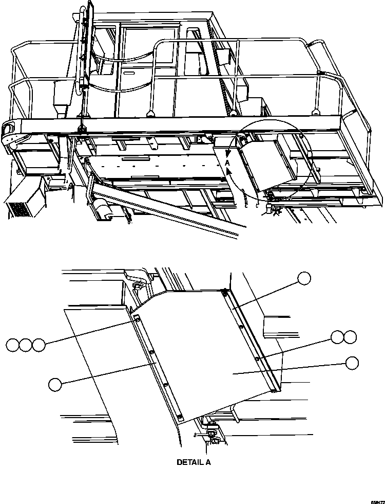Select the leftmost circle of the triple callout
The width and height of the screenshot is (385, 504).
(13, 345)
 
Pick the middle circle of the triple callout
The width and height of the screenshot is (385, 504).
(26, 345)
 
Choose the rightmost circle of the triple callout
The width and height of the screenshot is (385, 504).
(38, 345)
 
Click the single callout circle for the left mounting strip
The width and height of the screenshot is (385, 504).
(55, 383)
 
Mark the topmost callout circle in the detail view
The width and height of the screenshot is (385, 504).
(304, 278)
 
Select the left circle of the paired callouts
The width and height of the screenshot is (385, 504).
(337, 337)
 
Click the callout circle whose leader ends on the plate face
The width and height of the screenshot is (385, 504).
(352, 363)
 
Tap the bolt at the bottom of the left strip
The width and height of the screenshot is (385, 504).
(180, 416)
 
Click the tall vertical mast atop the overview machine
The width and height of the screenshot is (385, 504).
(85, 46)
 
